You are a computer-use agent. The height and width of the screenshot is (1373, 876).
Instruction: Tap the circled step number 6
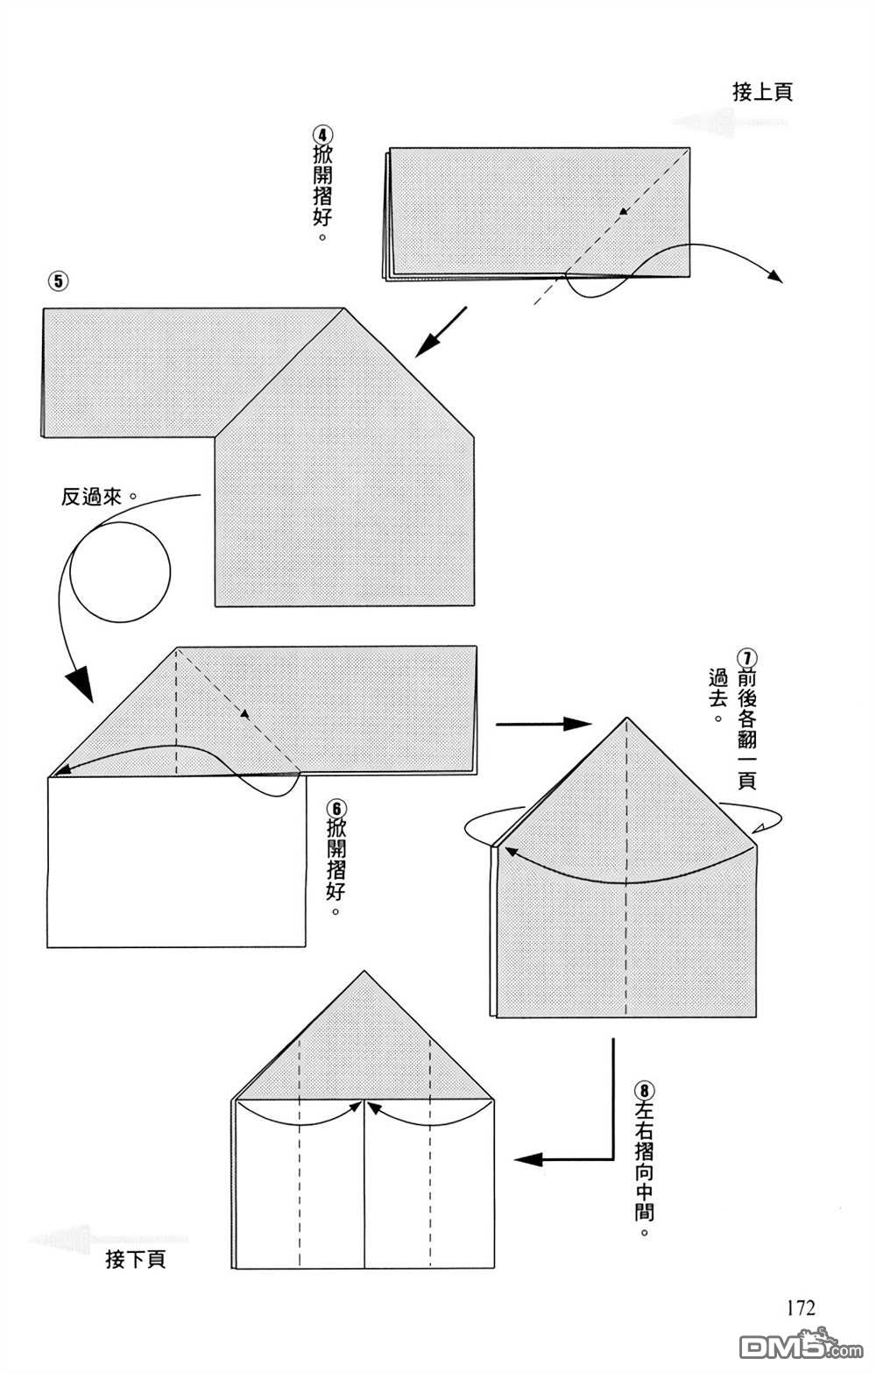[334, 806]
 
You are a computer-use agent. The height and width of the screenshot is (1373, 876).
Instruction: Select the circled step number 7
[745, 658]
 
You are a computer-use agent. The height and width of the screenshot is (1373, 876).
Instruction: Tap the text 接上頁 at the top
[762, 92]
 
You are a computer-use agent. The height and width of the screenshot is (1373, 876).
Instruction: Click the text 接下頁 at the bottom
[135, 1260]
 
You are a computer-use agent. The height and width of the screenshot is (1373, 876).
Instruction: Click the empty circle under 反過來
[120, 575]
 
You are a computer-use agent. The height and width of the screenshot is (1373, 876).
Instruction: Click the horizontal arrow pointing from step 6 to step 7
[543, 725]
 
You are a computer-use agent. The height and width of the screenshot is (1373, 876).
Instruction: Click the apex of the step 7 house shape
[626, 720]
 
